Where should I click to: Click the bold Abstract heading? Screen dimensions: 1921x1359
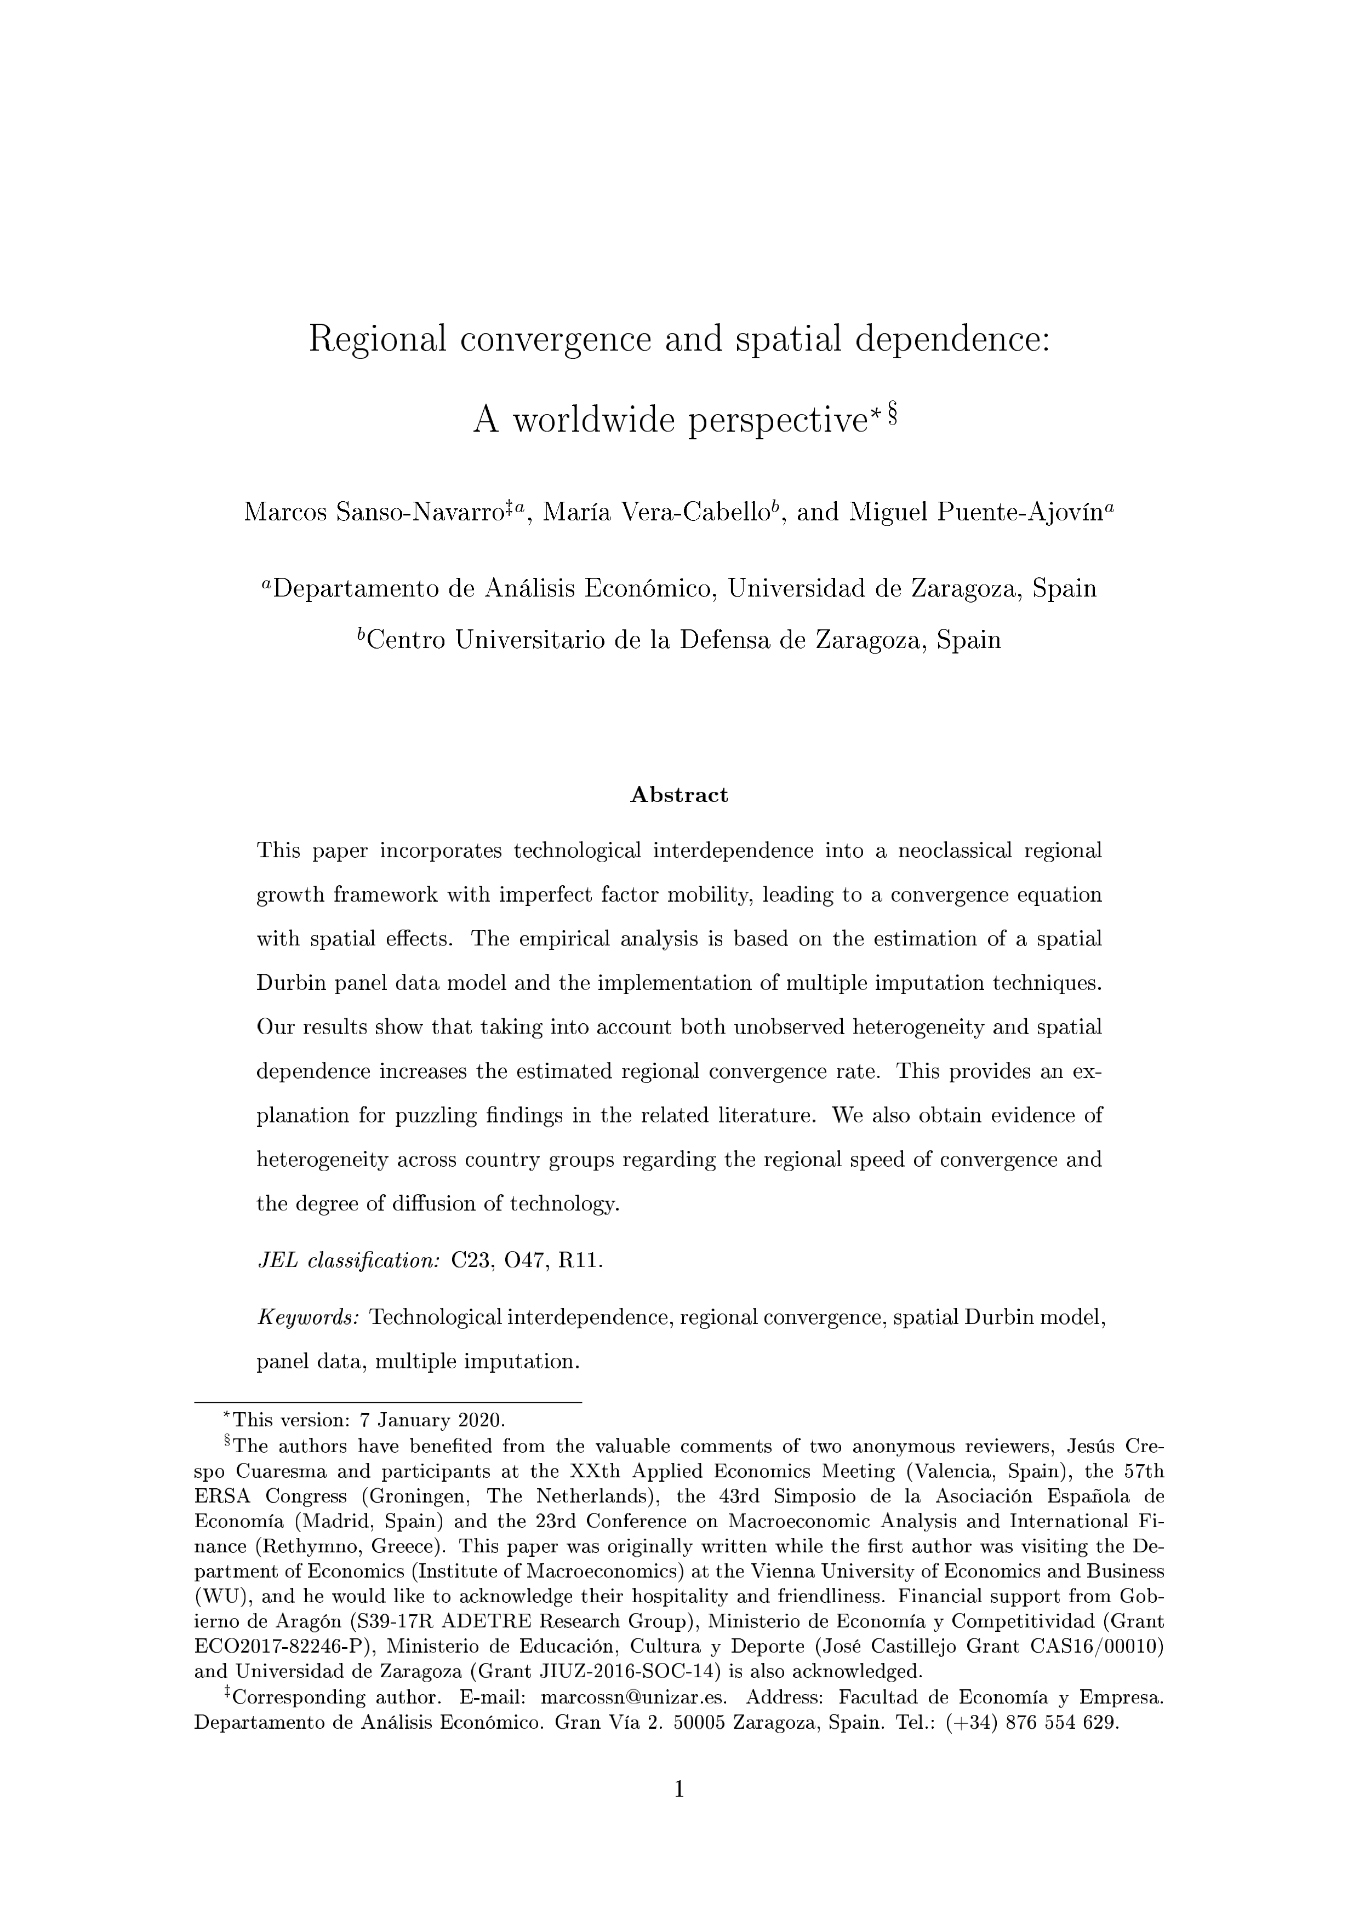click(x=678, y=795)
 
